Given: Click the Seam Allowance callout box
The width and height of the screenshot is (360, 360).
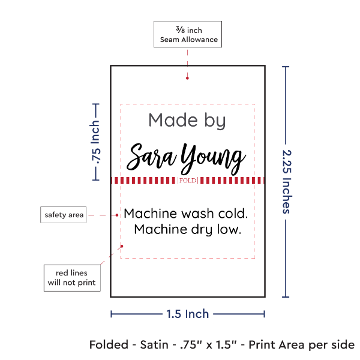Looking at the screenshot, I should pyautogui.click(x=188, y=35).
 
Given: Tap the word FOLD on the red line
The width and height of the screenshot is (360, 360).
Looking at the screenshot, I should pyautogui.click(x=188, y=181).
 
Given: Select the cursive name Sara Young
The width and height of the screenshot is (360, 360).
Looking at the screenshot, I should pyautogui.click(x=188, y=158).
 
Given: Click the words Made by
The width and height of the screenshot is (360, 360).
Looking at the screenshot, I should pyautogui.click(x=187, y=121).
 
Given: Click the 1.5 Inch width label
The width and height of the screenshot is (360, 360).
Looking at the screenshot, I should pyautogui.click(x=187, y=313).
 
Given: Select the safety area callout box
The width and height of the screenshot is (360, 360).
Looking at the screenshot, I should pyautogui.click(x=63, y=215).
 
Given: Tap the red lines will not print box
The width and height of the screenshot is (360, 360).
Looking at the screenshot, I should pyautogui.click(x=71, y=277).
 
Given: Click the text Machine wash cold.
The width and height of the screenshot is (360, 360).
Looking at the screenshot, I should pyautogui.click(x=185, y=214).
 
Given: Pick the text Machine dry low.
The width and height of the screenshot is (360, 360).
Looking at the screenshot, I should pyautogui.click(x=187, y=229).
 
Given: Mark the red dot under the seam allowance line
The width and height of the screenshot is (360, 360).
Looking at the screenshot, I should pyautogui.click(x=188, y=77).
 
